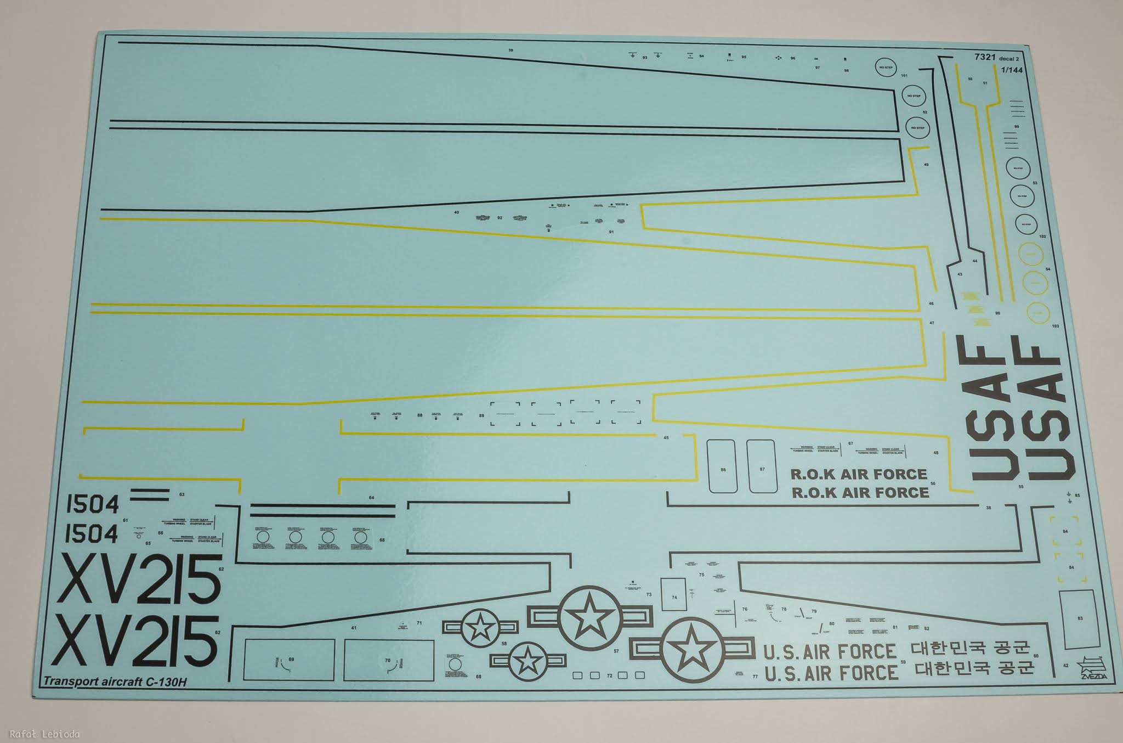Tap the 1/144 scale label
pyautogui.click(x=1011, y=70)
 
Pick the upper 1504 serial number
pyautogui.click(x=92, y=504)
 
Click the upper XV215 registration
pyautogui.click(x=139, y=579)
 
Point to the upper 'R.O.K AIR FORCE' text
pyautogui.click(x=858, y=474)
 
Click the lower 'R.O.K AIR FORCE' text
pyautogui.click(x=860, y=492)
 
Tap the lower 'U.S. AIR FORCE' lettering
pyautogui.click(x=831, y=672)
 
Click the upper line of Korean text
pyautogui.click(x=971, y=649)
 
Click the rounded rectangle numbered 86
pyautogui.click(x=722, y=466)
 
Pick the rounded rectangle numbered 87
pyautogui.click(x=761, y=466)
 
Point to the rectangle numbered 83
pyautogui.click(x=1080, y=618)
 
